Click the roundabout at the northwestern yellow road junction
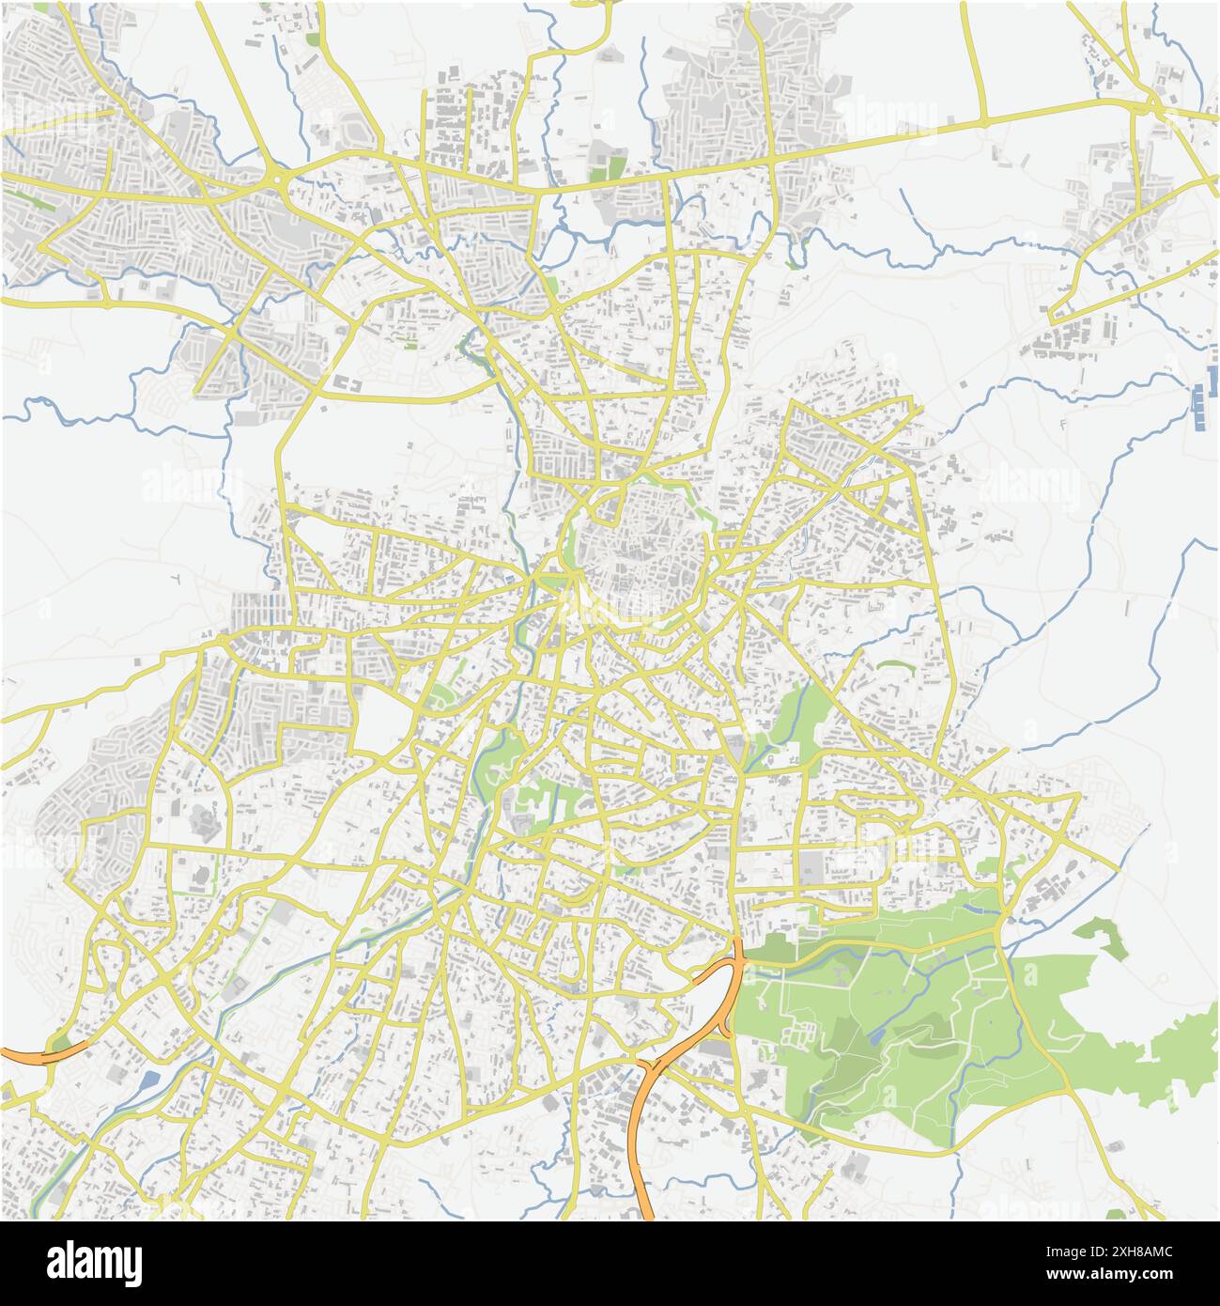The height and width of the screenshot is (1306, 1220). coord(279,177)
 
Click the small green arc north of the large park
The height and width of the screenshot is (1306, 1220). coord(897,666)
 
